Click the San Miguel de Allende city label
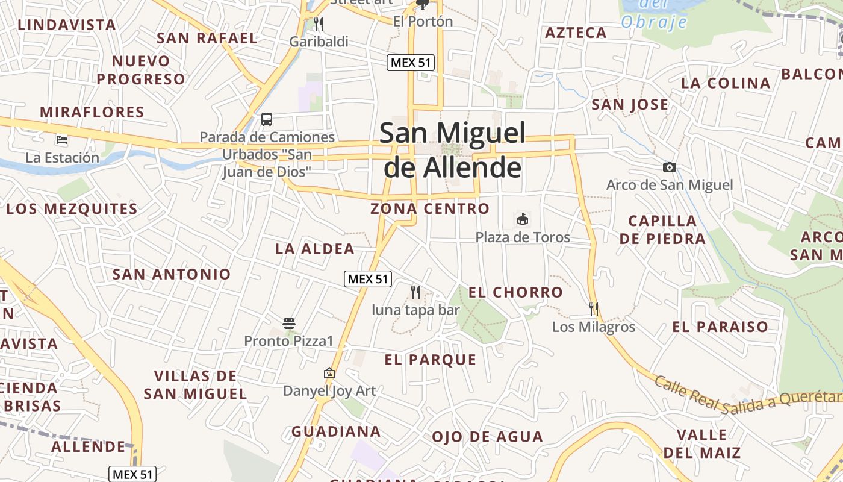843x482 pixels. (x=453, y=150)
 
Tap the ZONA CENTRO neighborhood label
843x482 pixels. (x=430, y=209)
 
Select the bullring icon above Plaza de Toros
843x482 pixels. (x=522, y=219)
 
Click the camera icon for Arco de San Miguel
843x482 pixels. (x=669, y=167)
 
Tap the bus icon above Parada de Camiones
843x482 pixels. (x=267, y=119)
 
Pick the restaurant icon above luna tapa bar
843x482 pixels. (x=415, y=292)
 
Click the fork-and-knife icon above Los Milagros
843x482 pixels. (x=594, y=309)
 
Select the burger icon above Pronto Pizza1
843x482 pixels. (x=289, y=324)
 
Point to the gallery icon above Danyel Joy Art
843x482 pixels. (x=329, y=374)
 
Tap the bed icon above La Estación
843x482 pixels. (x=62, y=140)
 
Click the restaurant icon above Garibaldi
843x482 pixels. (x=319, y=24)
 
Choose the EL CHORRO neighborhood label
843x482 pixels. (x=515, y=293)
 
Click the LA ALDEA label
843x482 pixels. (x=315, y=249)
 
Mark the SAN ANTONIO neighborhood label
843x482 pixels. (x=172, y=274)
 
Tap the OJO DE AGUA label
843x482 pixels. (x=487, y=437)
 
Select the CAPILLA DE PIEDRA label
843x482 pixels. (x=662, y=230)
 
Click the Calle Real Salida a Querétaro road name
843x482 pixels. (x=747, y=396)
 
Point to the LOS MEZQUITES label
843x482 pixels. (x=72, y=210)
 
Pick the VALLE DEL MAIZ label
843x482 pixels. (x=701, y=443)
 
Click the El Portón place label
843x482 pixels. (x=423, y=22)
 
